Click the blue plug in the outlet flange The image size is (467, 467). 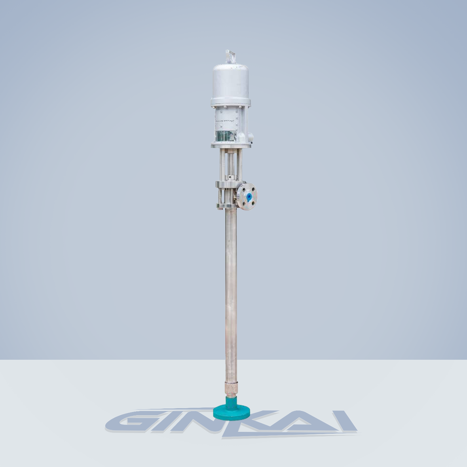pyautogui.click(x=248, y=197)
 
